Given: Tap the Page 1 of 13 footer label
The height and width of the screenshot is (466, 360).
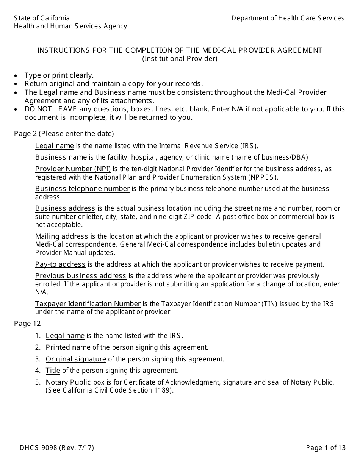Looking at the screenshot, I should pos(326,448).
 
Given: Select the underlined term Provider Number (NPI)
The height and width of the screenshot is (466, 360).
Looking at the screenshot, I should pos(73,169).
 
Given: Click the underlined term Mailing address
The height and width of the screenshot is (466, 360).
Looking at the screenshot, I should pos(61,236).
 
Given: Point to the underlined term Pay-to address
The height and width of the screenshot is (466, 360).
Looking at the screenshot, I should pos(60,264).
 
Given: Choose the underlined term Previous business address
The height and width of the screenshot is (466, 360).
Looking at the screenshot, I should pos(80,276).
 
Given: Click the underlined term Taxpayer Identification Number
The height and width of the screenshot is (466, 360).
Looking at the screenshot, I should pos(88,304).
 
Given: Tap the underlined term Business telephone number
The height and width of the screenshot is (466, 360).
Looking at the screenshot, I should pos(82,189).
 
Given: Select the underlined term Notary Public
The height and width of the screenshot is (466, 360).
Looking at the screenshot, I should pos(68,382).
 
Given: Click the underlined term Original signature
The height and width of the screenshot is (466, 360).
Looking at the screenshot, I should pos(76,359).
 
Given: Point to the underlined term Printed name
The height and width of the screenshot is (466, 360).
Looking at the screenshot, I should pos(68,347).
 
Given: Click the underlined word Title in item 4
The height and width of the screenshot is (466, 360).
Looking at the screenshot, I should pos(53,371).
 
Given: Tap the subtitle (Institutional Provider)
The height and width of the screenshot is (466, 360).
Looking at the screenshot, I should pos(180,59).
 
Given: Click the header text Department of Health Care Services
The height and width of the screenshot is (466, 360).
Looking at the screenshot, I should pos(288,18).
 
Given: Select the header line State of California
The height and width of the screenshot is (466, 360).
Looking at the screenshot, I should pos(42,18).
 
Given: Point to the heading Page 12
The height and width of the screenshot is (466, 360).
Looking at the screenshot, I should pos(27,324).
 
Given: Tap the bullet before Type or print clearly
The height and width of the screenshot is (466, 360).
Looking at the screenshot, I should pos(16,75).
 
